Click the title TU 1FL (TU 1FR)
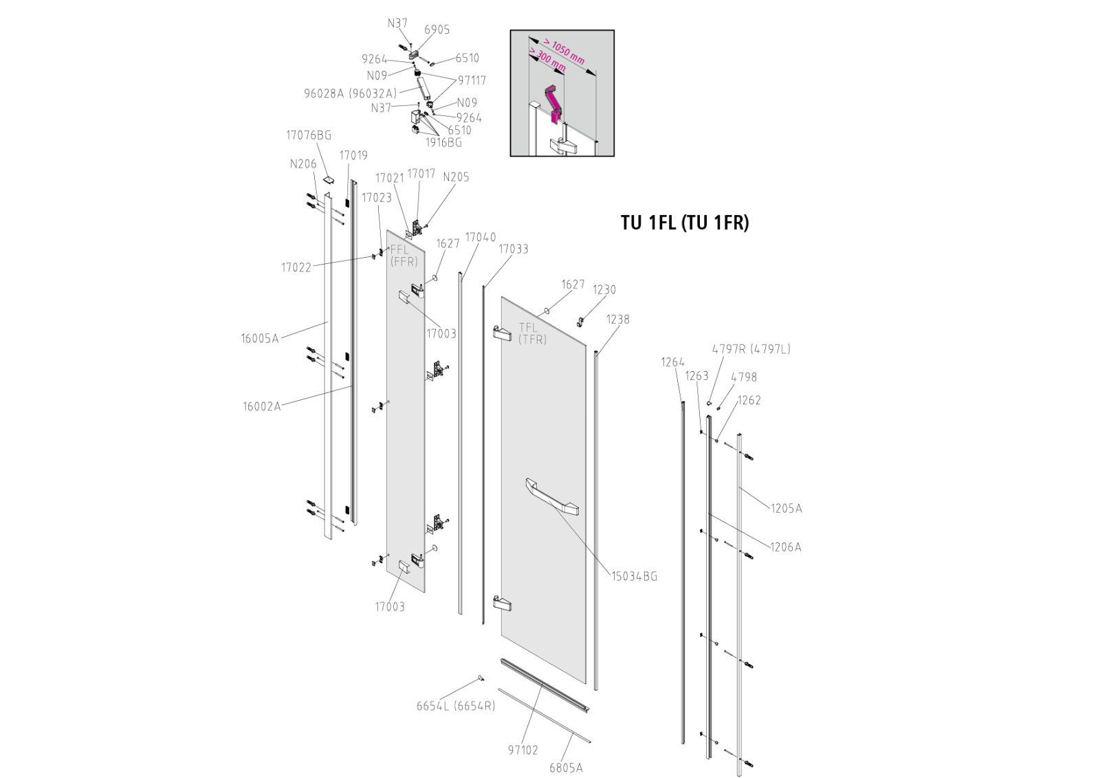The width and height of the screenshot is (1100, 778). pyautogui.click(x=685, y=223)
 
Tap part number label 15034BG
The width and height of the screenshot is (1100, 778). pyautogui.click(x=634, y=576)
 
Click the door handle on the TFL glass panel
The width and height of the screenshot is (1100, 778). pyautogui.click(x=552, y=497)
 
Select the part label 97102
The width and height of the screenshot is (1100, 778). pyautogui.click(x=522, y=750)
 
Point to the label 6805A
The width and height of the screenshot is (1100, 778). pyautogui.click(x=566, y=768)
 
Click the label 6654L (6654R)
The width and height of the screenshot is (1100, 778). pyautogui.click(x=455, y=706)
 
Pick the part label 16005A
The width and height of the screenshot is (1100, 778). pyautogui.click(x=260, y=338)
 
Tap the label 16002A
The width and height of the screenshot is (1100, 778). pyautogui.click(x=261, y=406)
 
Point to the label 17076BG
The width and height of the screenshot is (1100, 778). pyautogui.click(x=308, y=135)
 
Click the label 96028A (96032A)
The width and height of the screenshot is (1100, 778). pyautogui.click(x=351, y=93)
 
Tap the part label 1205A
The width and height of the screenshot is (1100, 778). pyautogui.click(x=786, y=509)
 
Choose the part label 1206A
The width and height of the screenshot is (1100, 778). pyautogui.click(x=785, y=547)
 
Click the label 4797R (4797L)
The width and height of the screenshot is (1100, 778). pyautogui.click(x=751, y=349)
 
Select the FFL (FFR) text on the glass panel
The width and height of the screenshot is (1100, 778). pyautogui.click(x=404, y=256)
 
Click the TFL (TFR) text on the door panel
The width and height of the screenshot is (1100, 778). pyautogui.click(x=532, y=333)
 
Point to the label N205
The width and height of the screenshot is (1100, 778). pyautogui.click(x=456, y=177)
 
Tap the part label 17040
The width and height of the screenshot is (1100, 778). pyautogui.click(x=480, y=237)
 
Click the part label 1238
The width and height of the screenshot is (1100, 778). pyautogui.click(x=617, y=320)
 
